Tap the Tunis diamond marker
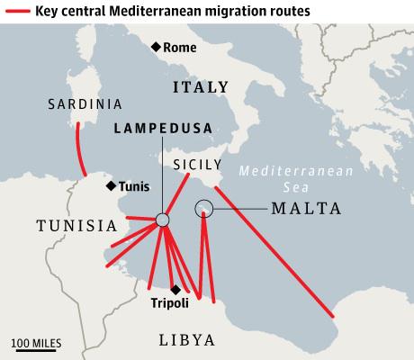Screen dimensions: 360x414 pos(111,186)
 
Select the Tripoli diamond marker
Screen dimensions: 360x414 pos(175,289)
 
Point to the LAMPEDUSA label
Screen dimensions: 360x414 pos(162,129)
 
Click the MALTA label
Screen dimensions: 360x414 pos(306,209)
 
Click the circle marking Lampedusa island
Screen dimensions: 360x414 pos(162,220)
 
